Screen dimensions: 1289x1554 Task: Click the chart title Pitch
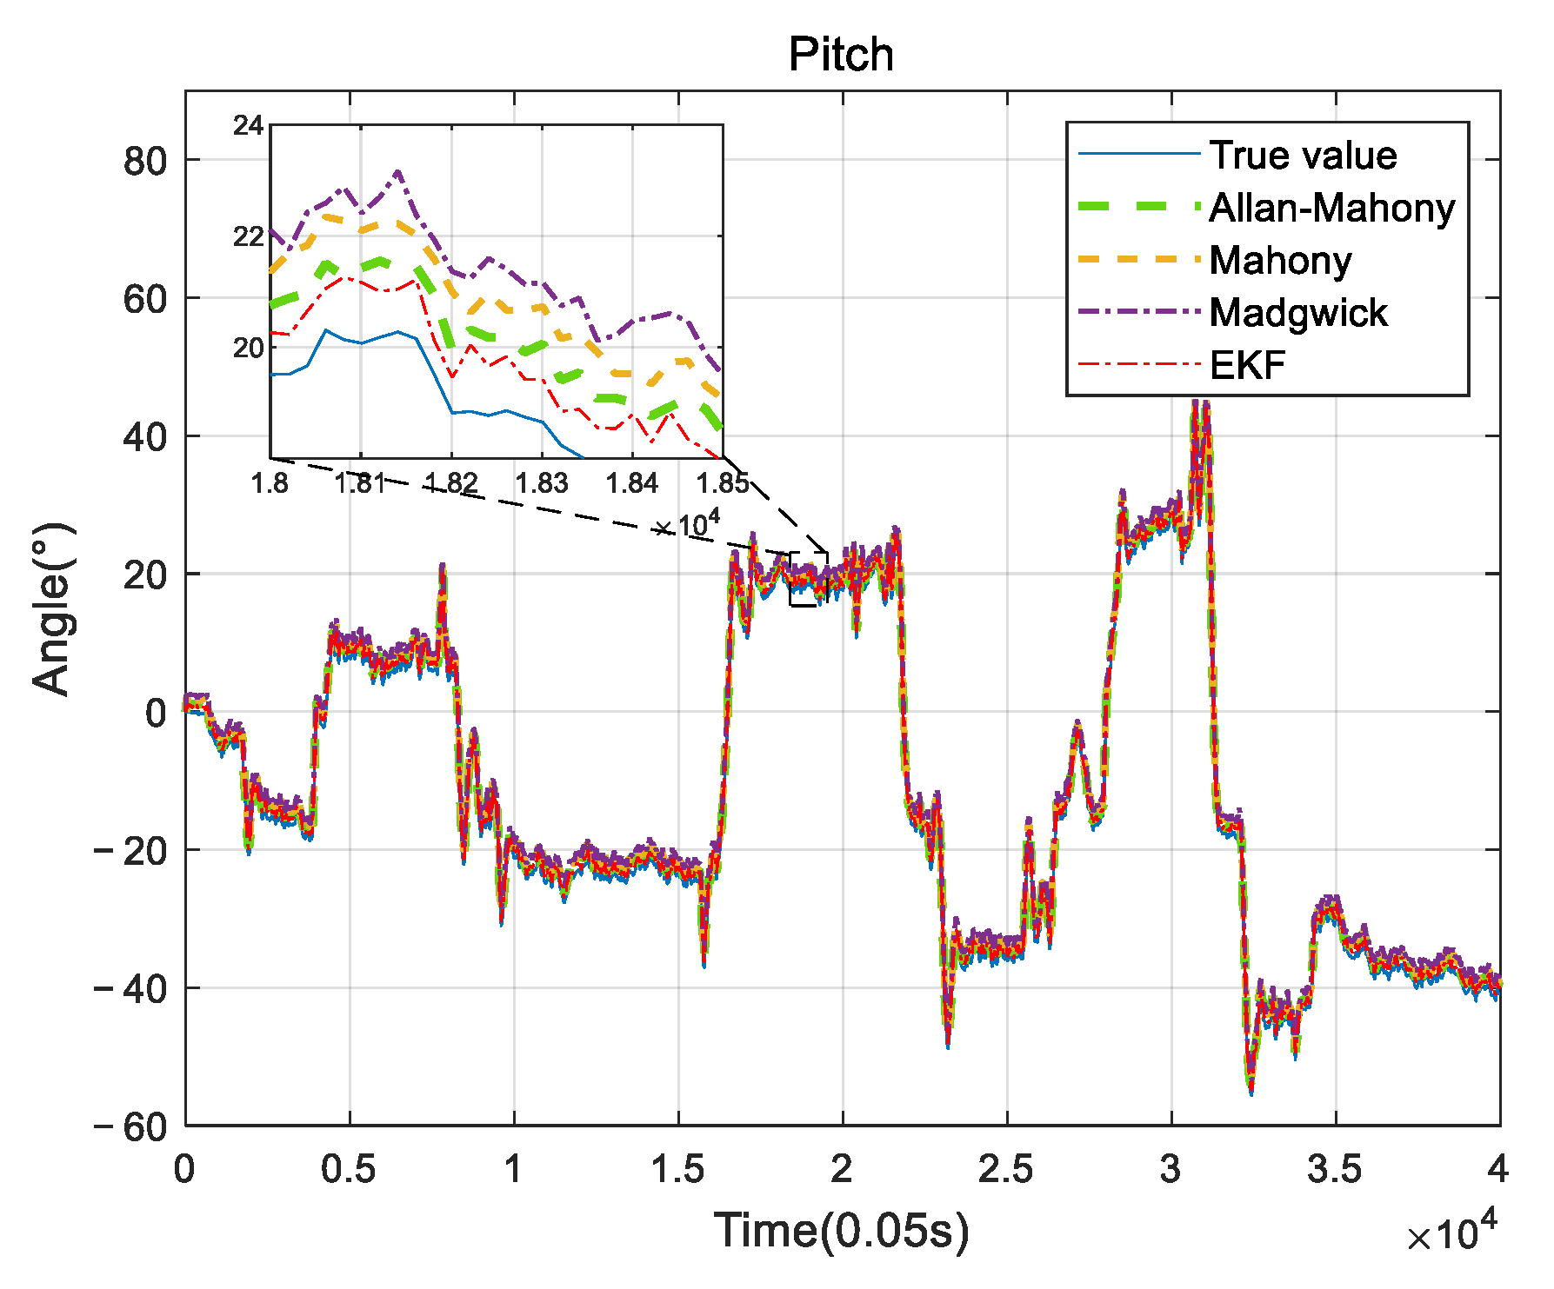point(840,55)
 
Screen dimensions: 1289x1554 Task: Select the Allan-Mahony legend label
point(1331,209)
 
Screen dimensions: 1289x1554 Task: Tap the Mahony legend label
point(1280,261)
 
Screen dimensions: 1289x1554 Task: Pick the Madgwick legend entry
point(1297,313)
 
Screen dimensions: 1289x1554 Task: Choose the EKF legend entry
point(1247,366)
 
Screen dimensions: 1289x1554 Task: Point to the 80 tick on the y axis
point(145,161)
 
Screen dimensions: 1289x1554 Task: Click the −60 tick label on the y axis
point(130,1127)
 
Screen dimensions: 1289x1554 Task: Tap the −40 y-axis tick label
point(130,989)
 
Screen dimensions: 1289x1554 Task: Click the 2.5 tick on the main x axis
point(1006,1170)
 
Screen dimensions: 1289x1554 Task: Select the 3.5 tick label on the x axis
point(1334,1170)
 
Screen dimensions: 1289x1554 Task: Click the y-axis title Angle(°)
point(52,608)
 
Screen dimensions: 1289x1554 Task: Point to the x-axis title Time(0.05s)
point(841,1232)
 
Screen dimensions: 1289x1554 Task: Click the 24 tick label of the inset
point(248,127)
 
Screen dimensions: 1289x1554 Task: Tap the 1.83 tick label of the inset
point(541,483)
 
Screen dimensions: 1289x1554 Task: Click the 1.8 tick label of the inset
point(270,483)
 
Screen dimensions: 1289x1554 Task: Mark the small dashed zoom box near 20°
point(809,579)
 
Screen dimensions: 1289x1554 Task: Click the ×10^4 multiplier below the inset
point(687,525)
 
